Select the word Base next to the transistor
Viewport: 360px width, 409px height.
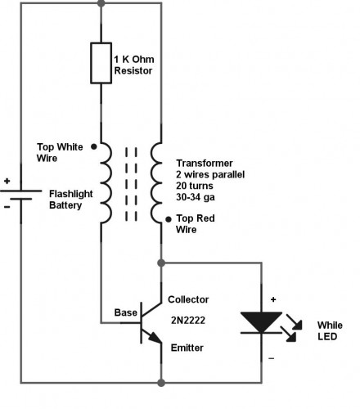coord(125,312)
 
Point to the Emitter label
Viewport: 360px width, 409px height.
coord(187,348)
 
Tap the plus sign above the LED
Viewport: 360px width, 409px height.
coord(273,300)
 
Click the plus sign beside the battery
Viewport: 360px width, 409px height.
coord(7,182)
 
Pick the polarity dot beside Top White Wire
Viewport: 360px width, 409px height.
coord(94,148)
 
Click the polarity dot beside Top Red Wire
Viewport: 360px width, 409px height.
coord(168,218)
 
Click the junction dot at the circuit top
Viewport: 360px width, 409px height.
coord(101,3)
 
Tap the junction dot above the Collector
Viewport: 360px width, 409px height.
coord(160,264)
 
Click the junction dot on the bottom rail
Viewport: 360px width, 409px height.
coord(160,382)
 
